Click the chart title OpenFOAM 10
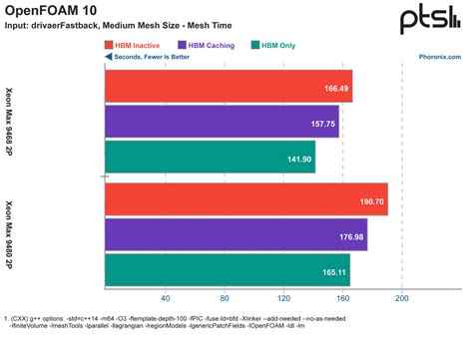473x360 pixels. [x=49, y=11]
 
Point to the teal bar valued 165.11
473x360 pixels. [x=227, y=270]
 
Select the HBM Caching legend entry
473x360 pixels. [x=210, y=45]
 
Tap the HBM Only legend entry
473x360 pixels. [x=278, y=45]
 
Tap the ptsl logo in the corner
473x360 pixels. [x=431, y=20]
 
